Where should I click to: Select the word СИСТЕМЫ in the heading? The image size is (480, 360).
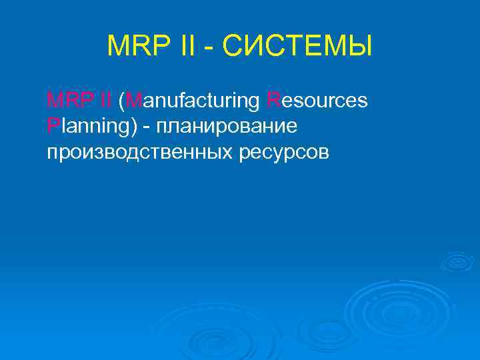297,47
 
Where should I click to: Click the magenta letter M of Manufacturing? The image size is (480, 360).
133,101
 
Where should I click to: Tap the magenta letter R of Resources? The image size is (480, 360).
273,101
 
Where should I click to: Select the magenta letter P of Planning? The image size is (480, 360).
52,126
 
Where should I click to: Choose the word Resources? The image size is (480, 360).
317,102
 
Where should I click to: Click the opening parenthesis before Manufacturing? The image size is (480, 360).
121,102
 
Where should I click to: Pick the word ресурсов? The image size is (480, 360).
283,153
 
